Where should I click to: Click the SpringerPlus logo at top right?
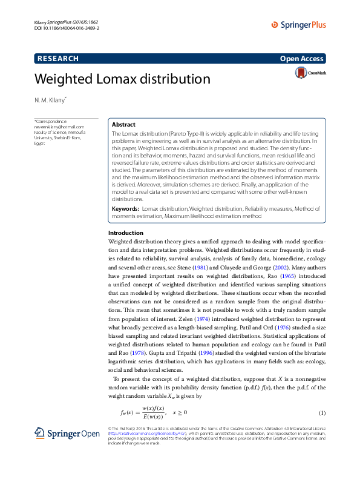click(298, 25)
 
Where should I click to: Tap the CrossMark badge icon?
click(310, 73)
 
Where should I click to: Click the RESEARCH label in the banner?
click(58, 59)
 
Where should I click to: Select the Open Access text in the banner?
click(302, 59)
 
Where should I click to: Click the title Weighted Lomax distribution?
click(122, 79)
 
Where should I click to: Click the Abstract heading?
click(124, 124)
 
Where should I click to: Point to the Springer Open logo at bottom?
click(57, 433)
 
